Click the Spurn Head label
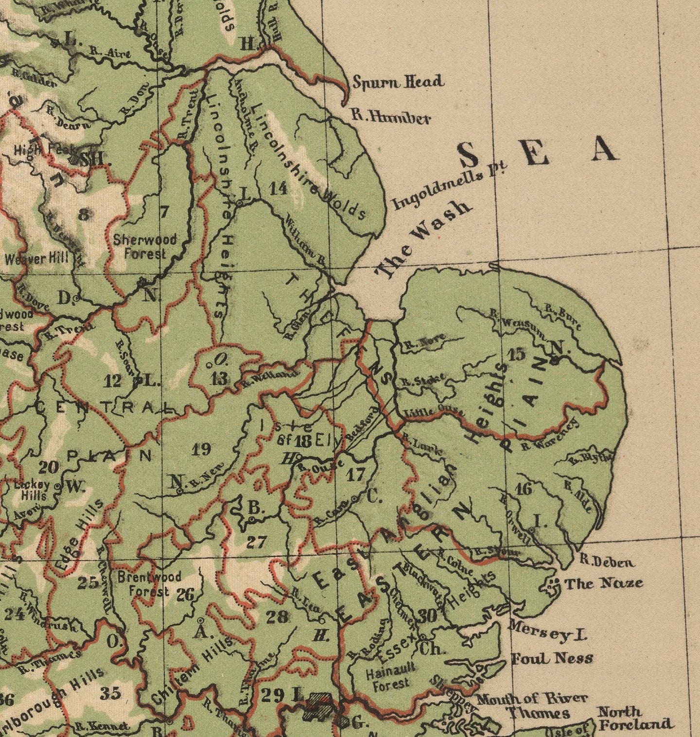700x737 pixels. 398,82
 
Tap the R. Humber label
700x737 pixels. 391,117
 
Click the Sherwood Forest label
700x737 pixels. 144,246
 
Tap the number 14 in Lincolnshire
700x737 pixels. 279,188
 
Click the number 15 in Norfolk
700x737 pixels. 516,354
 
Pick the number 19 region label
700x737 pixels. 201,449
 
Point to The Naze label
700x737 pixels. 603,583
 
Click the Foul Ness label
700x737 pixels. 552,659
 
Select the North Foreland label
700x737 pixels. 634,718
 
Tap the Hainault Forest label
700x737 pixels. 390,678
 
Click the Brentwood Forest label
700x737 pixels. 149,584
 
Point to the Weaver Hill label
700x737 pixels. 37,258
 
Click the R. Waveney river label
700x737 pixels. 550,435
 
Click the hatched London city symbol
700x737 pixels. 317,707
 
